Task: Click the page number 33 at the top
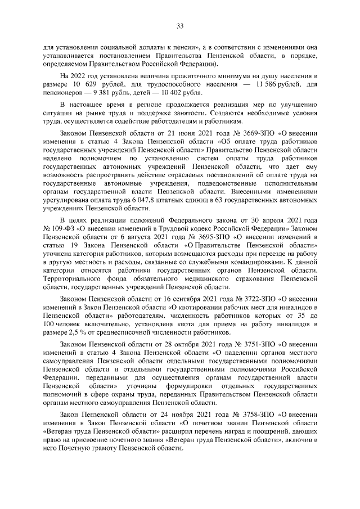[180, 25]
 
